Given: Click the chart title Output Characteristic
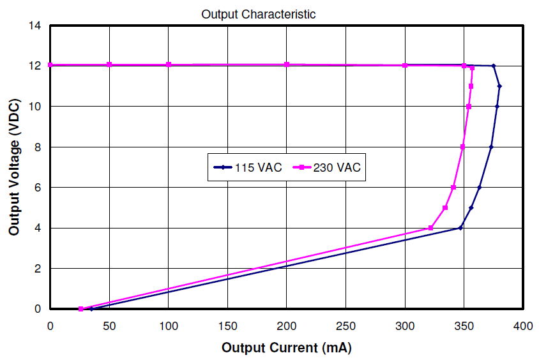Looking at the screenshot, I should (258, 14).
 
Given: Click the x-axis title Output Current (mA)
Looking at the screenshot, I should (286, 348).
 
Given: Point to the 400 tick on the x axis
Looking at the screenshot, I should (523, 326).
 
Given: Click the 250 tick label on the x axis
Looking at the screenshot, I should (345, 326).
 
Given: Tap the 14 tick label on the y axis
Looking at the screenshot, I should (35, 26).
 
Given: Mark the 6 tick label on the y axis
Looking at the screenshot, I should (38, 187).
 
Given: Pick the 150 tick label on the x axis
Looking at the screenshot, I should (227, 326).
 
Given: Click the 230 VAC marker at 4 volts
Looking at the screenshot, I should (431, 228).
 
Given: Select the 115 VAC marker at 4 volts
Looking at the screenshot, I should (460, 228).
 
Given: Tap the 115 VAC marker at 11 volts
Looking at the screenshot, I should (499, 86).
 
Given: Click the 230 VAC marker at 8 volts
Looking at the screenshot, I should (463, 147).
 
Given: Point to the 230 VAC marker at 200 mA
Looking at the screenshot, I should (287, 64).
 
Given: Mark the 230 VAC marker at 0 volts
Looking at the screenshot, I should (81, 309).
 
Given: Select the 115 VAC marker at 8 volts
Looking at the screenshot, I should (491, 147).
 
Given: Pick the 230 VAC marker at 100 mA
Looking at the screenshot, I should (169, 64).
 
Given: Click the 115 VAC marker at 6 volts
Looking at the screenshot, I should (480, 187).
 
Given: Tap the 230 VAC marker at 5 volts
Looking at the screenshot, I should (445, 207).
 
